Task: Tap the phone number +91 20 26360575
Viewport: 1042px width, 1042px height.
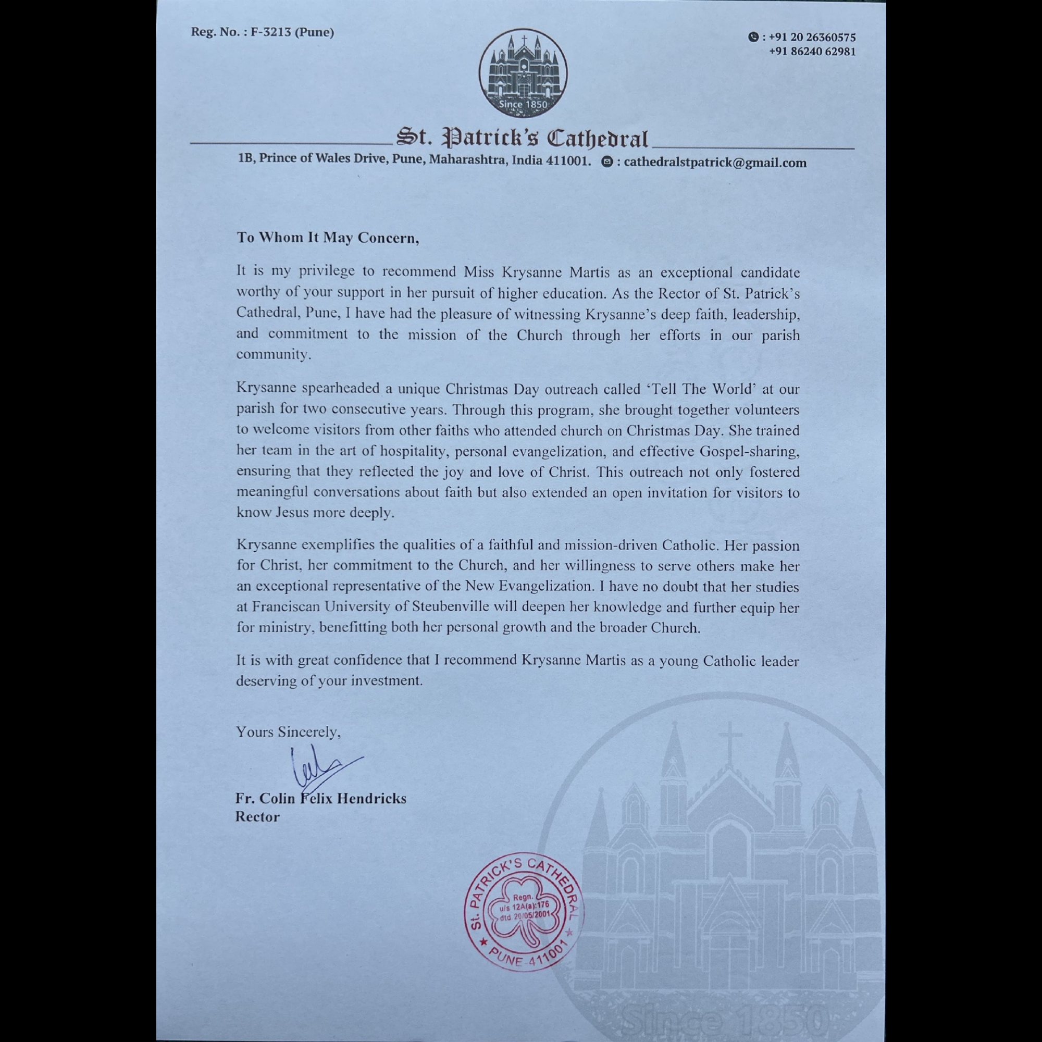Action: [x=812, y=37]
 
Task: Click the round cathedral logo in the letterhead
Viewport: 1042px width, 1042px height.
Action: [x=523, y=73]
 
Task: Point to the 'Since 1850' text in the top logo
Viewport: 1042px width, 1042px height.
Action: [x=523, y=104]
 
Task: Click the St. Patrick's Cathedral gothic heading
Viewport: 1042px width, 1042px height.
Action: [x=522, y=139]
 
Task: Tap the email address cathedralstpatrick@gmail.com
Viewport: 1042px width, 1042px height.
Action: [x=715, y=163]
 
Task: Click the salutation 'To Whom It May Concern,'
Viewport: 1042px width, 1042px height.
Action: [x=327, y=238]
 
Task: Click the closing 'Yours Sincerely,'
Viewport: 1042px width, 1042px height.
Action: [x=288, y=732]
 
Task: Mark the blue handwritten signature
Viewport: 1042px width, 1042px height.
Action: [x=321, y=769]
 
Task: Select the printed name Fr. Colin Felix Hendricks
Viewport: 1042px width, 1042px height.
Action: [x=320, y=798]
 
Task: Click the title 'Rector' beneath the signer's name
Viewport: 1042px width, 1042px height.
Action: [x=257, y=816]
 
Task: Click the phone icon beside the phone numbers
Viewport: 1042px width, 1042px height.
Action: [x=753, y=37]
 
